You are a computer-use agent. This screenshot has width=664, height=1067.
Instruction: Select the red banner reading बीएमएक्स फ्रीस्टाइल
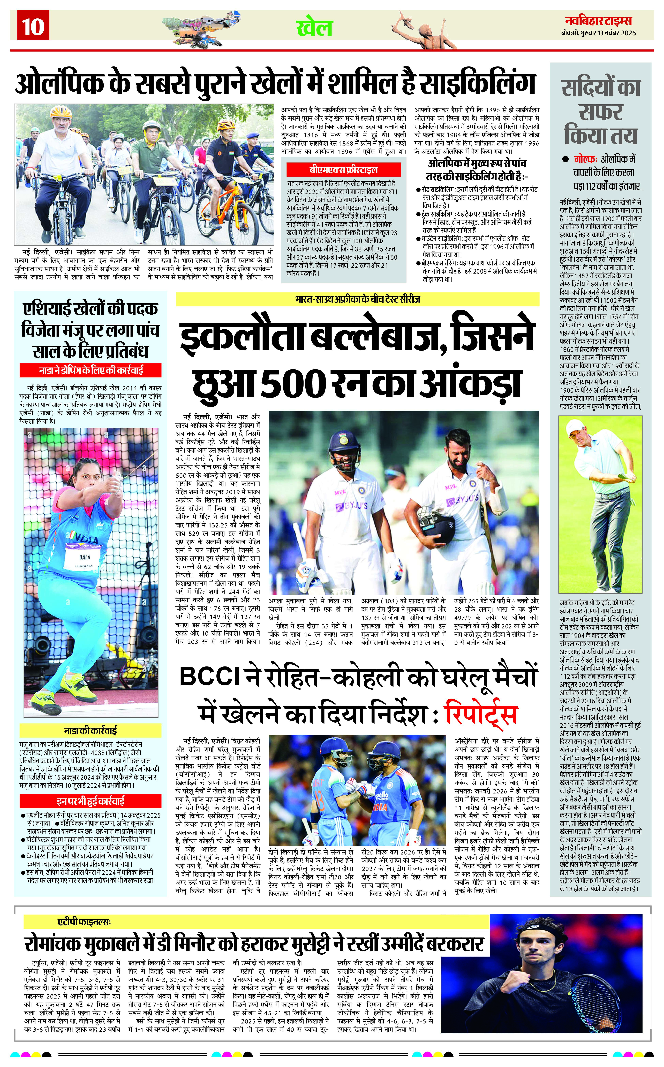(343, 169)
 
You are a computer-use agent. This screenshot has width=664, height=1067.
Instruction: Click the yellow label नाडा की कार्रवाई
(90, 731)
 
